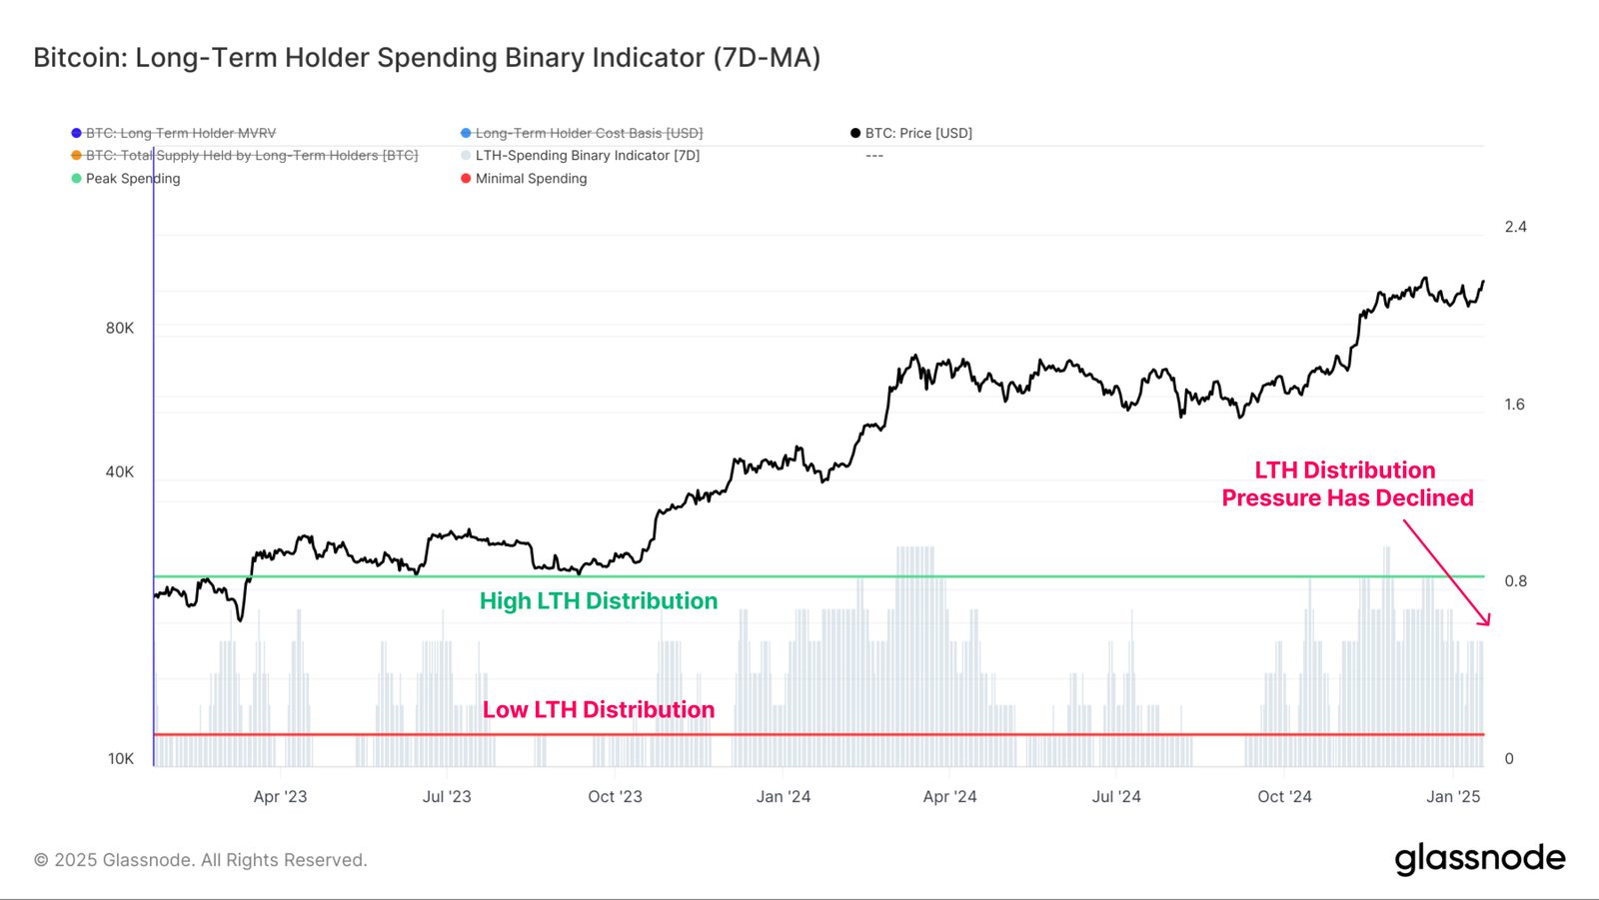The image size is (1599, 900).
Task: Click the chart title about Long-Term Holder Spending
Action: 427,58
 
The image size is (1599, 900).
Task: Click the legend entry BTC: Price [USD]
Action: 917,133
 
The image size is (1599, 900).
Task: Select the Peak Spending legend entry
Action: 132,179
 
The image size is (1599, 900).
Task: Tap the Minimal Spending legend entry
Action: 530,179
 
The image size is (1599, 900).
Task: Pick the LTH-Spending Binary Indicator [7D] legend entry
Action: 587,156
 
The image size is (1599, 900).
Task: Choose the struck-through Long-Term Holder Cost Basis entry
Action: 588,133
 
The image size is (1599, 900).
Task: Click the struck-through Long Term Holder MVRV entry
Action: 180,133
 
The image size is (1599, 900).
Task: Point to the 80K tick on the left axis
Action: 120,329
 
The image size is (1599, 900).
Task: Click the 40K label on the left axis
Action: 120,472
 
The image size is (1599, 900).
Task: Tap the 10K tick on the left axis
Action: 121,759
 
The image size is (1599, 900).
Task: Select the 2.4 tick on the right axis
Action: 1515,228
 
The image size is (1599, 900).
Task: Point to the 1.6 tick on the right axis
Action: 1515,405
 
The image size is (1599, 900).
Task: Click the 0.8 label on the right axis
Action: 1515,581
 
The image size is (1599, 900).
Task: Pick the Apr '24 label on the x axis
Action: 949,797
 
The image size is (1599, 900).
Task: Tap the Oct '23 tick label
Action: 615,797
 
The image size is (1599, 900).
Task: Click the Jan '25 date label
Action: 1453,797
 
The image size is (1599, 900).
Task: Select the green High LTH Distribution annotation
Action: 598,601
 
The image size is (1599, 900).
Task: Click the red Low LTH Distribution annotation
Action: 598,710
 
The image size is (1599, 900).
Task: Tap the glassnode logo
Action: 1479,859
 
